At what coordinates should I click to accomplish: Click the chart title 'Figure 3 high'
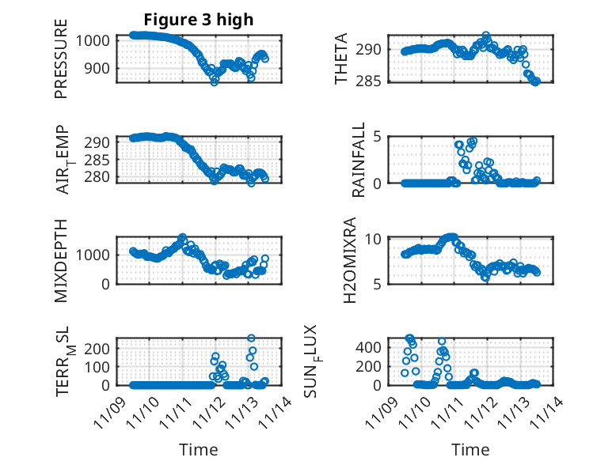pyautogui.click(x=198, y=20)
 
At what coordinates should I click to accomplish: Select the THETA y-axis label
pyautogui.click(x=341, y=59)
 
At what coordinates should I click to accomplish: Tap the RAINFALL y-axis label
pyautogui.click(x=359, y=159)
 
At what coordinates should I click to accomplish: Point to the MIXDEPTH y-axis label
pyautogui.click(x=61, y=260)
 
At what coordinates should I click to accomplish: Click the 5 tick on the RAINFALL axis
pyautogui.click(x=378, y=136)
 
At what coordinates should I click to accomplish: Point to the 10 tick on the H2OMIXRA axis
pyautogui.click(x=375, y=239)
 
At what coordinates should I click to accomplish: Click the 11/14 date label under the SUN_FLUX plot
pyautogui.click(x=552, y=410)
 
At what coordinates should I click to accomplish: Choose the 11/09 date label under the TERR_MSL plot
pyautogui.click(x=107, y=410)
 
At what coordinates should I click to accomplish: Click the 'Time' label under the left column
pyautogui.click(x=198, y=450)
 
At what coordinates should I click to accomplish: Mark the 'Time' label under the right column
pyautogui.click(x=470, y=450)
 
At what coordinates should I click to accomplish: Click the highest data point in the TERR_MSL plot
pyautogui.click(x=252, y=338)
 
